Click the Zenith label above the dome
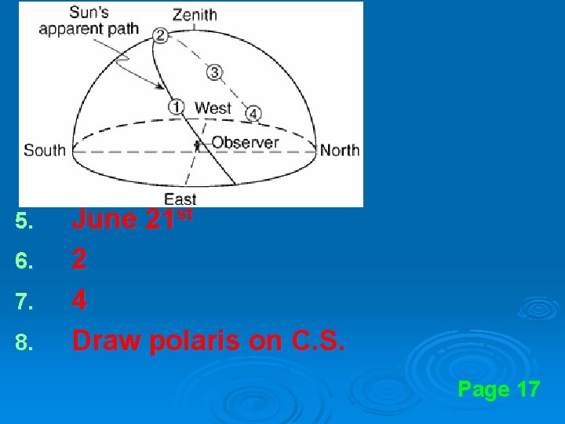point(195,14)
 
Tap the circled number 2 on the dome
point(161,34)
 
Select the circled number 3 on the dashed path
point(214,72)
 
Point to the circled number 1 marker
point(177,106)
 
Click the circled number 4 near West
point(253,113)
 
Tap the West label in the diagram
point(213,108)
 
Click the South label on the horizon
point(45,149)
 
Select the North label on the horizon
point(340,149)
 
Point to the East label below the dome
point(180,199)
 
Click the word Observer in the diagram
point(245,142)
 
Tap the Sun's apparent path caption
point(89,21)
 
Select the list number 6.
point(24,261)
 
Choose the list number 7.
point(24,301)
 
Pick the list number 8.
point(24,341)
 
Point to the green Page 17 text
point(498,389)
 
